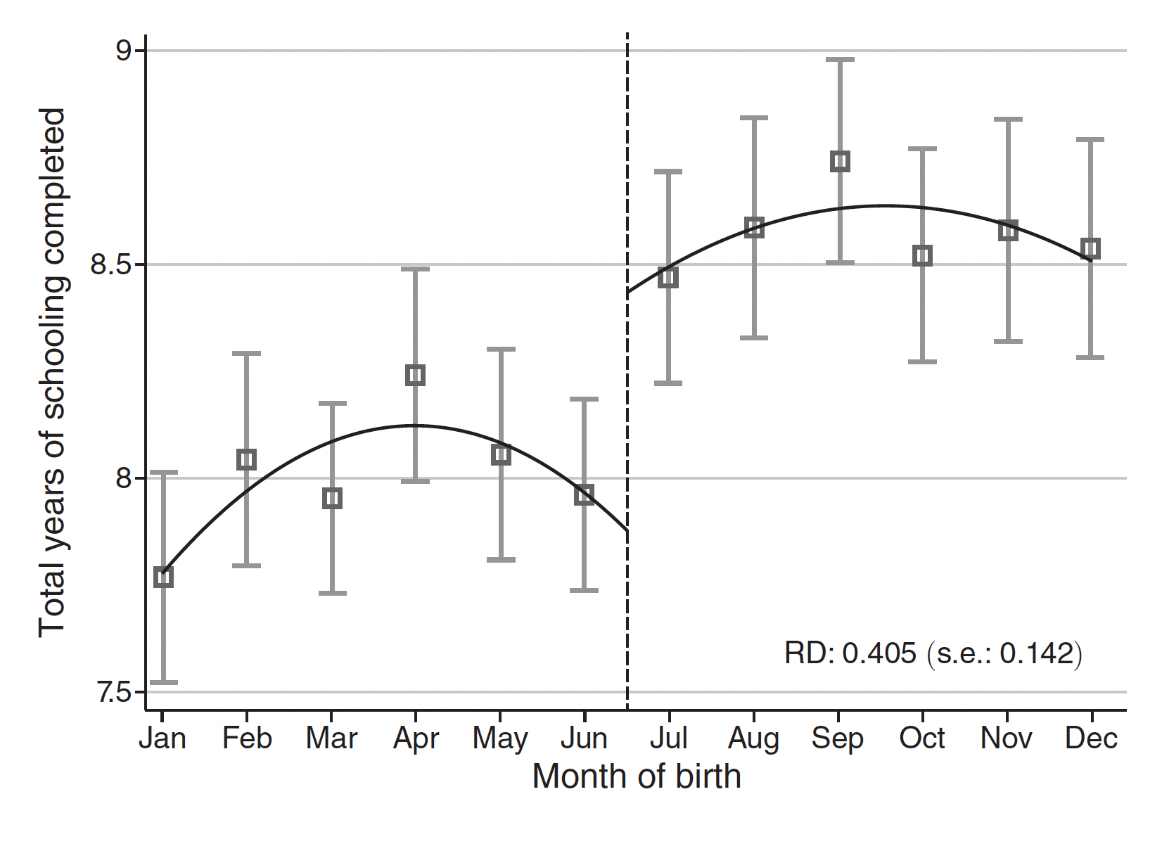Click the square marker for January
(163, 577)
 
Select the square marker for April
(416, 375)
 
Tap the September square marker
(840, 161)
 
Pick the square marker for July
(668, 277)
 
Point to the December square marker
(1091, 248)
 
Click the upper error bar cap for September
(840, 60)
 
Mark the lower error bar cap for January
(163, 682)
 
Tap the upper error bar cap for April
(416, 269)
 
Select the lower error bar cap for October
(923, 361)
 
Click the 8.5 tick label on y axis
(112, 265)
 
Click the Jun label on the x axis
(585, 738)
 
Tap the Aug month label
(753, 738)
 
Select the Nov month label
(1007, 738)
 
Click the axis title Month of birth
(637, 777)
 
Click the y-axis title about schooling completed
(53, 373)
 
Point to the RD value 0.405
(879, 653)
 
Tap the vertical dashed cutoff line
(627, 422)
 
